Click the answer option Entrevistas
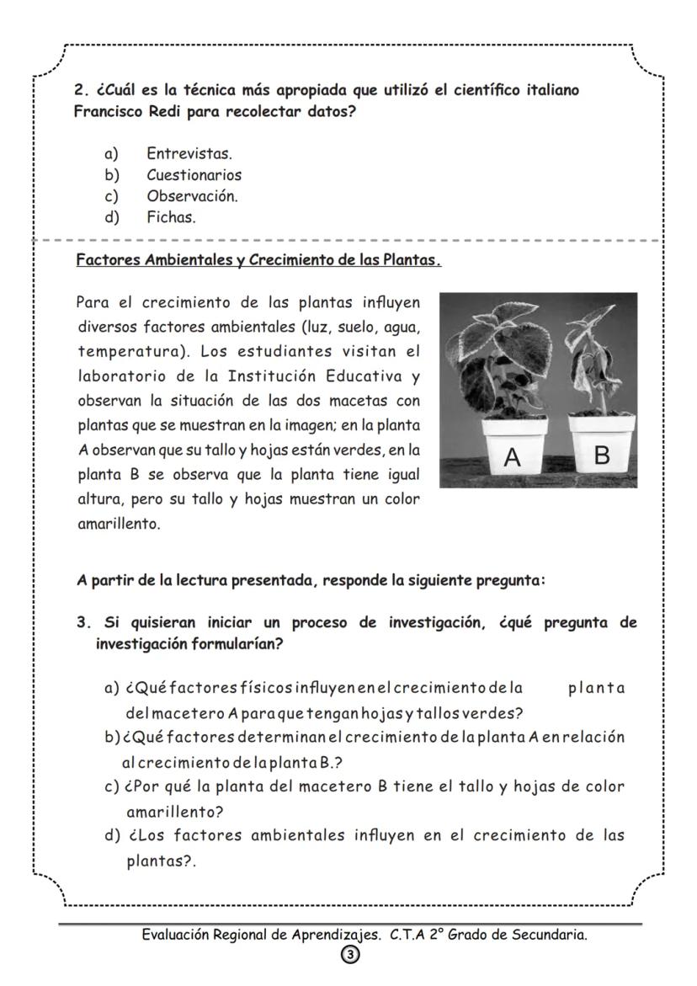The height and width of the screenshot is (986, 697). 189,154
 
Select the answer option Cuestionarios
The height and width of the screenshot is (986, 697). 194,175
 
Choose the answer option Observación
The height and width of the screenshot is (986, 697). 192,196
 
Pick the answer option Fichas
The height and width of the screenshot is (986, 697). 171,217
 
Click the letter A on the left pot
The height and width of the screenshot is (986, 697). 513,457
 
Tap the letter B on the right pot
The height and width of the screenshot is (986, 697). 601,456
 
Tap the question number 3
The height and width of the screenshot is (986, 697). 82,623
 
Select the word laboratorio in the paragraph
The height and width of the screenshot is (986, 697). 117,375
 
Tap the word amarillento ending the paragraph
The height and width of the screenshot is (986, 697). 117,524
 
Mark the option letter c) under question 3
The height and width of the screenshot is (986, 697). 111,786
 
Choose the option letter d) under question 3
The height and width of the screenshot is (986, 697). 111,835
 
